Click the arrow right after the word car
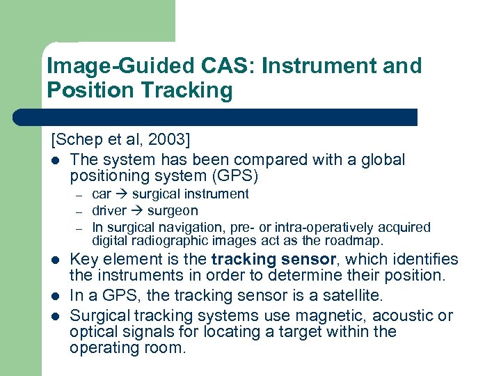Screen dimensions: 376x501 (x=122, y=194)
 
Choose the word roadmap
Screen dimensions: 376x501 (x=355, y=241)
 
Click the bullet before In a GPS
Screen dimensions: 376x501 (x=56, y=296)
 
